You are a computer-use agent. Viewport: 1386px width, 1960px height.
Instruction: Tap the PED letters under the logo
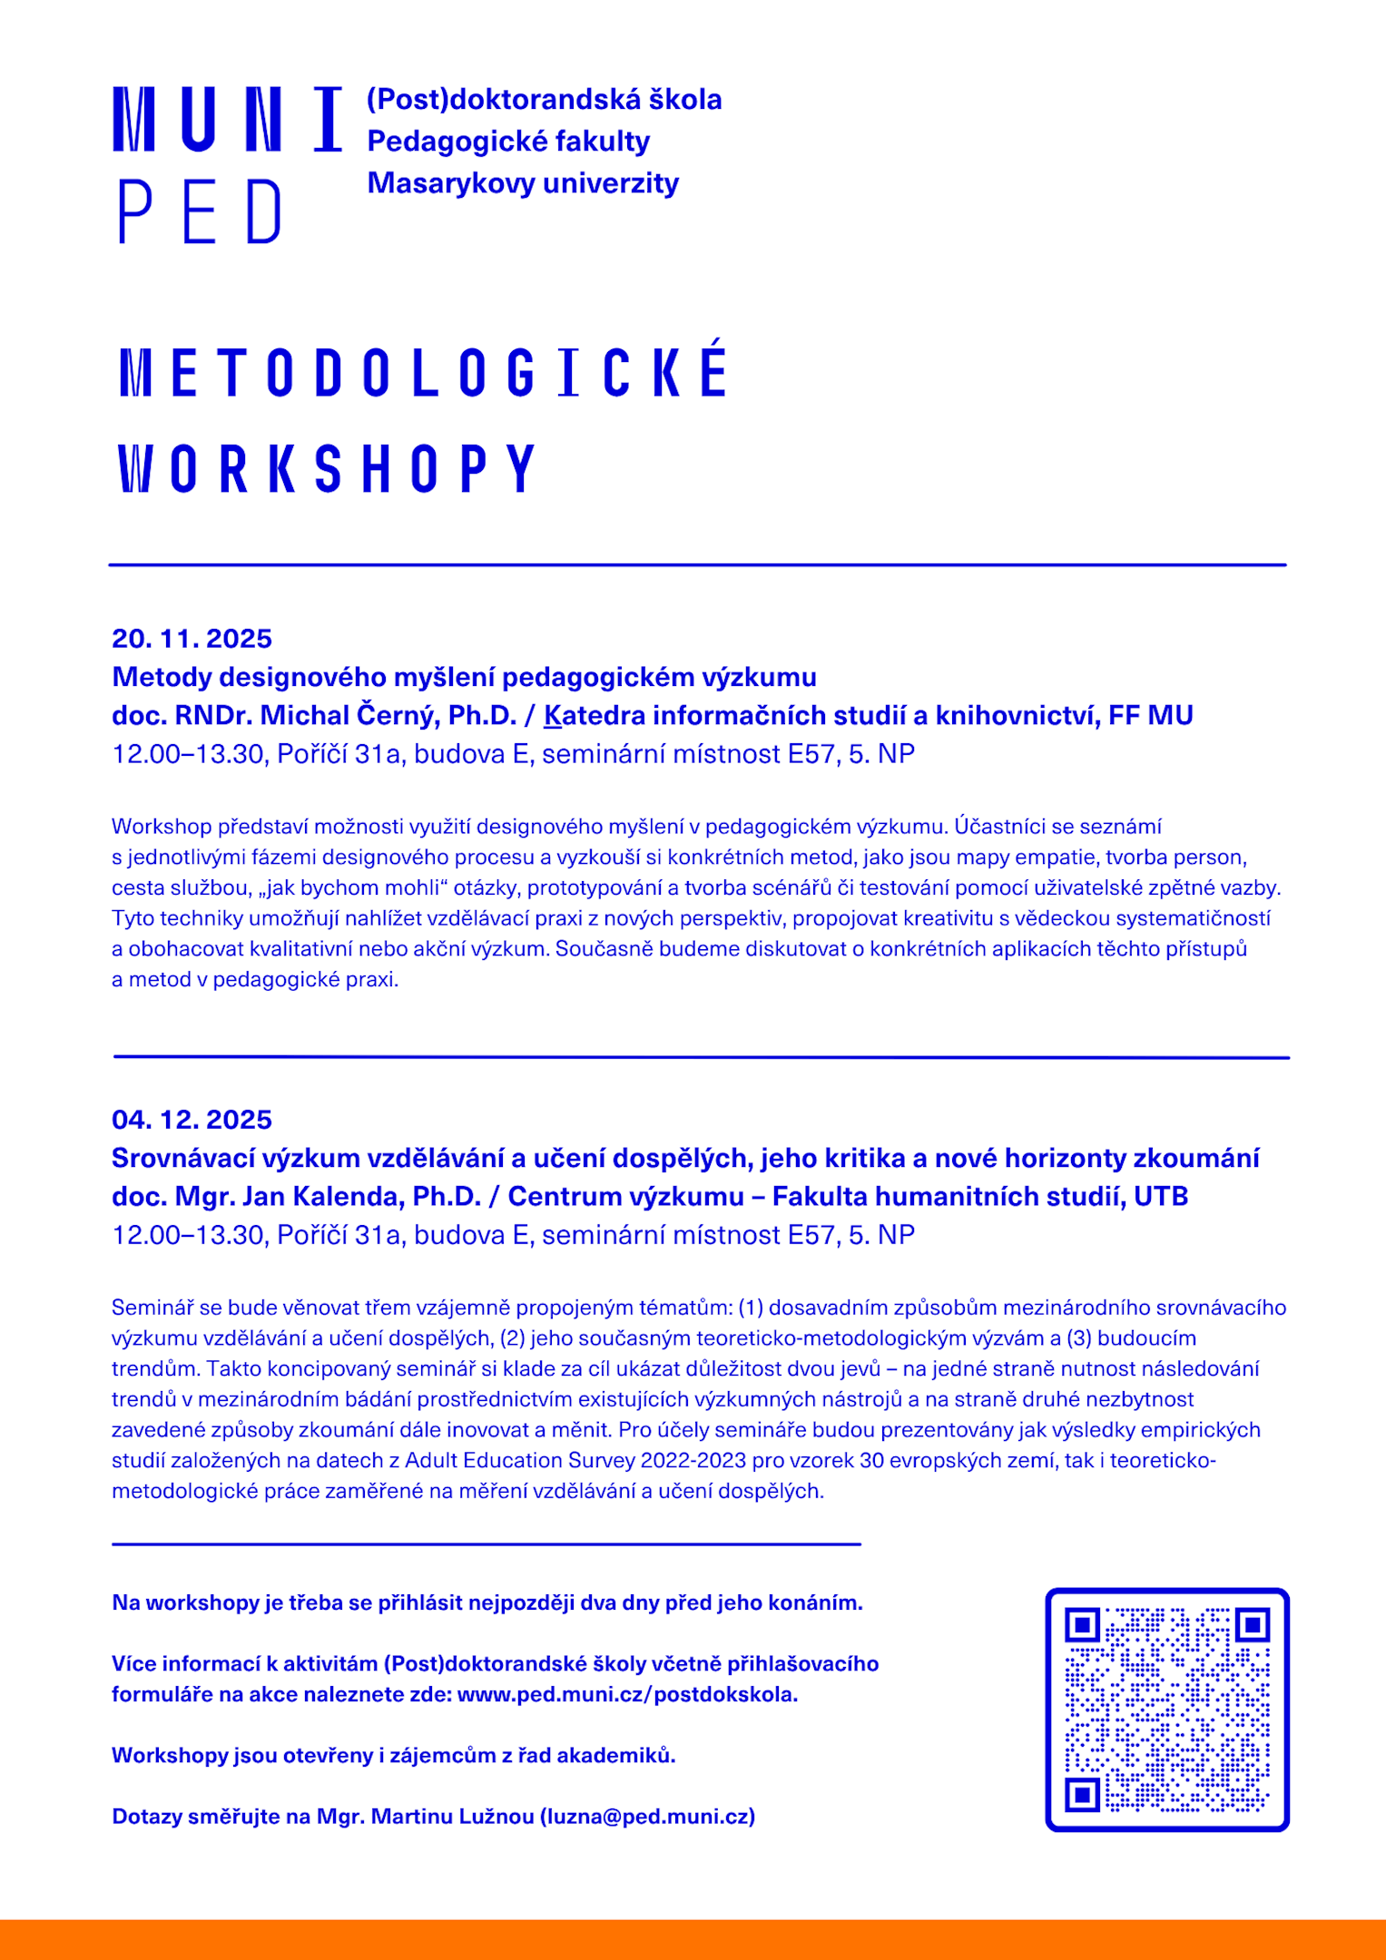(x=200, y=211)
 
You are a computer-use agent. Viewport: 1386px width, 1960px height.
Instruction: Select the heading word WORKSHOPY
(x=327, y=468)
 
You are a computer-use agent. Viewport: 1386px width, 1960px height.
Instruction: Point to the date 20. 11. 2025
(x=192, y=639)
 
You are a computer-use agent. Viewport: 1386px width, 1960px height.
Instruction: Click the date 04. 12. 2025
(x=192, y=1120)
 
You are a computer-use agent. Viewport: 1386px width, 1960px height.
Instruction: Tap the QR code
(x=1167, y=1710)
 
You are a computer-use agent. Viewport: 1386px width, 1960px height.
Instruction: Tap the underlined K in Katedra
(x=553, y=716)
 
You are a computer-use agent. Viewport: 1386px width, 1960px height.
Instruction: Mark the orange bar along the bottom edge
(x=693, y=1939)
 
